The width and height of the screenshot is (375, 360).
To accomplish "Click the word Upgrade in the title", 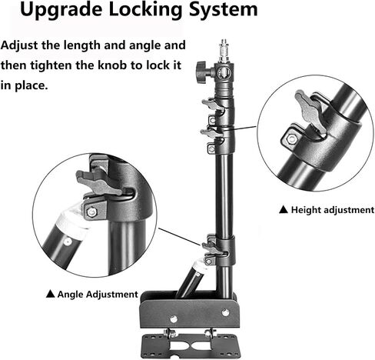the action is pos(61,11).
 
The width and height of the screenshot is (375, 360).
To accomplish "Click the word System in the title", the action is pos(223,11).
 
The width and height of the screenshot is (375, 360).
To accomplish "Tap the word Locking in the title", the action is pos(145,11).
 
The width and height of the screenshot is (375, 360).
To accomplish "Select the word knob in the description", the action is pos(112,65).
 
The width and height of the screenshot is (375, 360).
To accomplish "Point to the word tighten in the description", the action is pos(51,65).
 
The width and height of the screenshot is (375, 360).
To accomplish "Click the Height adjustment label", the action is pos(333,210).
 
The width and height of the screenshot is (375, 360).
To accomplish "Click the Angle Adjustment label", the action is pos(98,295).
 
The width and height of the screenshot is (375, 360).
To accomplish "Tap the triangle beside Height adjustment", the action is pos(284,209).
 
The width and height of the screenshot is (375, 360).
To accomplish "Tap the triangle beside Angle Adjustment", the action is pos(51,294).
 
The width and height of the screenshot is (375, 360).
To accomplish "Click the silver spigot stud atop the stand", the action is pos(224,51).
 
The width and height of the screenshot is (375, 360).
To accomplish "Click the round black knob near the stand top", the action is pos(201,72).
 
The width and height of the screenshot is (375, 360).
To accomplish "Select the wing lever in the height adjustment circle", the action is pos(310,112).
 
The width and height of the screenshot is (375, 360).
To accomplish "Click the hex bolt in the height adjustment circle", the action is pos(291,139).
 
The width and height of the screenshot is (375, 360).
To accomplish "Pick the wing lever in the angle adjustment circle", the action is pos(98,182).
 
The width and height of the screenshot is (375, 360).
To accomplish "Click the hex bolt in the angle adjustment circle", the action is pos(91,212).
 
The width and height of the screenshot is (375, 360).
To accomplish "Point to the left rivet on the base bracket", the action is pos(174,319).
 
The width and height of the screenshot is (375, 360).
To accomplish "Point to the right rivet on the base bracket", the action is pos(225,312).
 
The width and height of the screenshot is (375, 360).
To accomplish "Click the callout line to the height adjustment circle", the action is pos(240,128).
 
